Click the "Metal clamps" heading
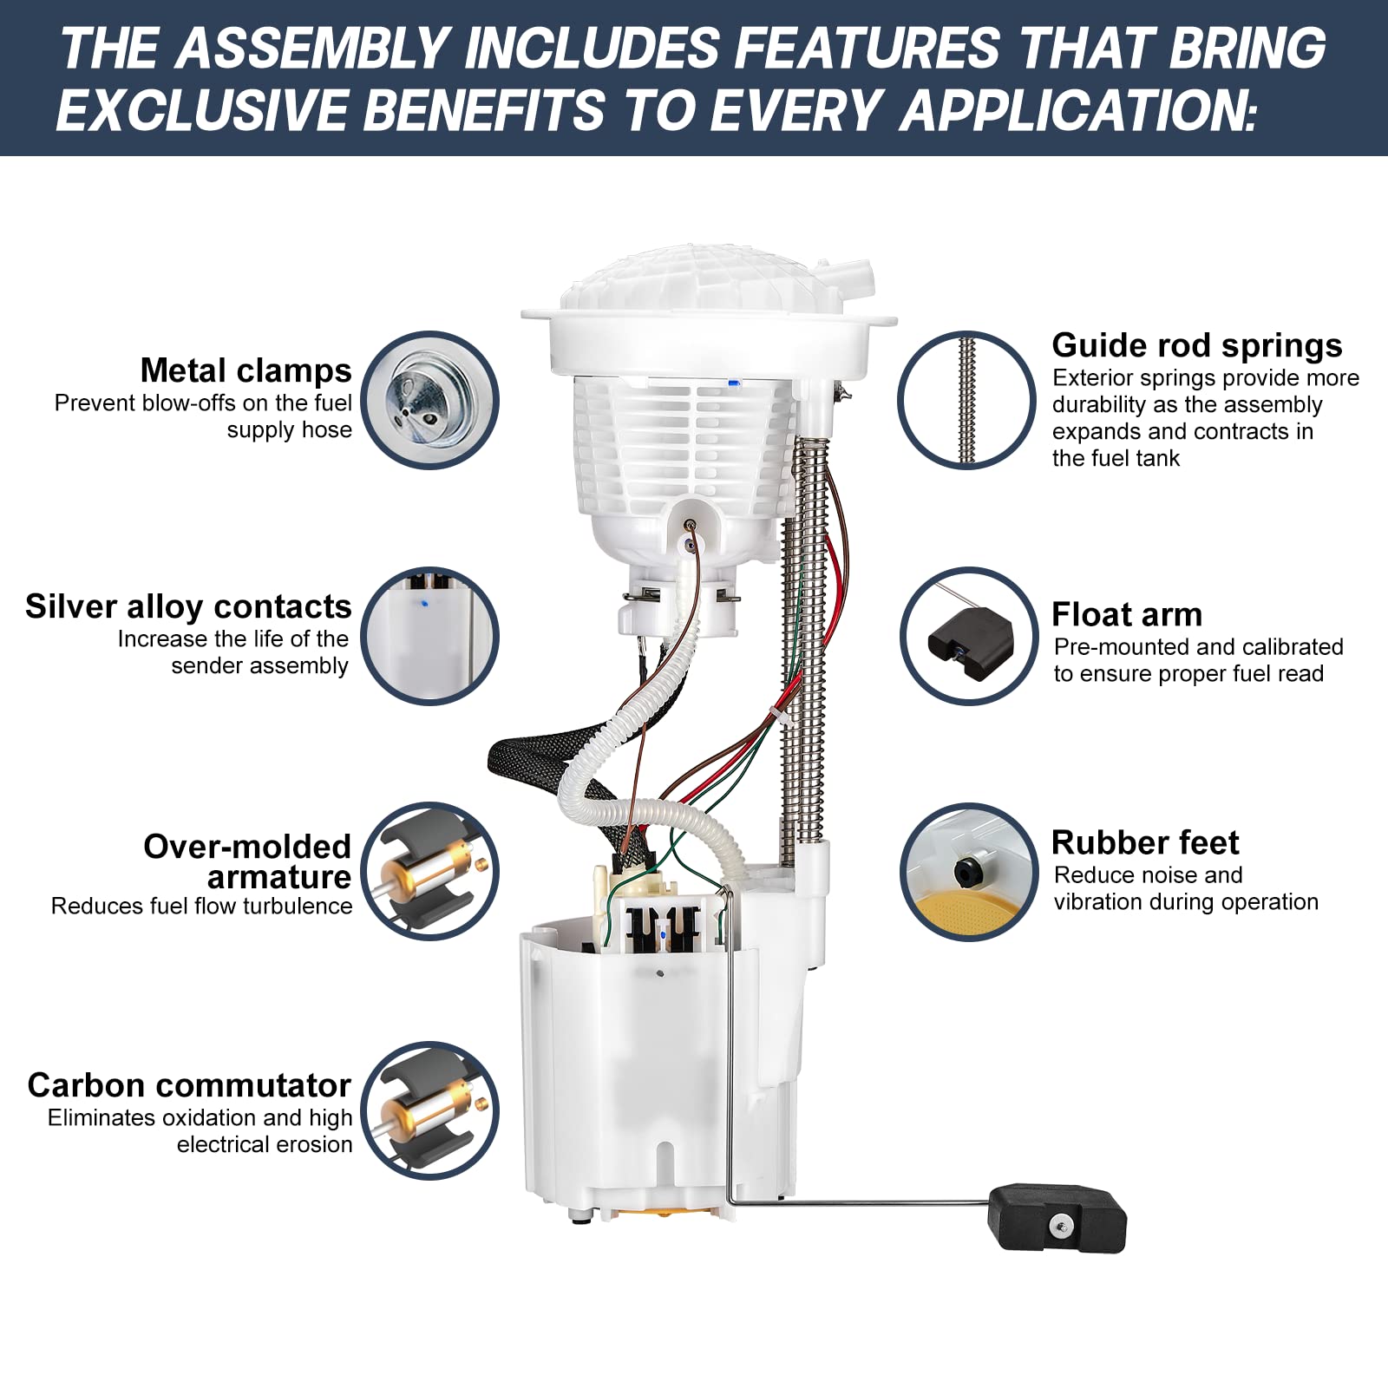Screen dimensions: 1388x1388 [246, 370]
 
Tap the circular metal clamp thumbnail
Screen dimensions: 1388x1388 [429, 400]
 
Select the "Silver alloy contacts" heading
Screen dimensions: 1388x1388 [188, 606]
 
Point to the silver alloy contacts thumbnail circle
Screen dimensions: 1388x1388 [429, 636]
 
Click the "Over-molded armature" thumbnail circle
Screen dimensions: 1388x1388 [429, 870]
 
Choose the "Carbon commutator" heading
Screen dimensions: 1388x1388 [189, 1085]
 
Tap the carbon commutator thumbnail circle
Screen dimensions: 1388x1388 [429, 1110]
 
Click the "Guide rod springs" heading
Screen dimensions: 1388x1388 [1197, 345]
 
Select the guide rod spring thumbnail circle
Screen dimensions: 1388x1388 [966, 400]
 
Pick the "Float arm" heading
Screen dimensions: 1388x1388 [1127, 614]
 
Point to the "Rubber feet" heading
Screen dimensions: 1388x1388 [1145, 842]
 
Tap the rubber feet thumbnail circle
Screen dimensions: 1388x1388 [969, 872]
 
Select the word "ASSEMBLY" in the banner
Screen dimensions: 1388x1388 [312, 48]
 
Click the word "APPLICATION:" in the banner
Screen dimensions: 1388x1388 [1078, 110]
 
